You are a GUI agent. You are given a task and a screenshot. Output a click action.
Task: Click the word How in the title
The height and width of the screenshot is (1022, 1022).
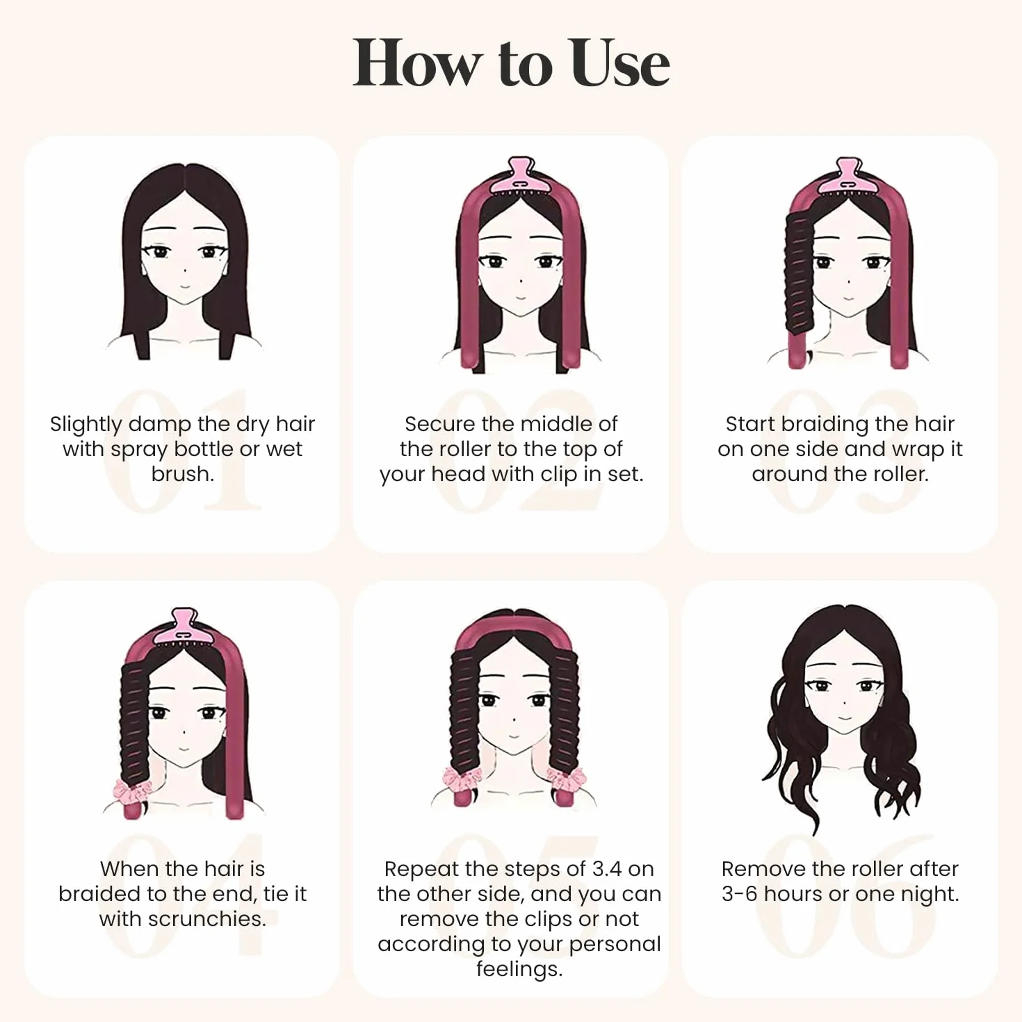(x=415, y=63)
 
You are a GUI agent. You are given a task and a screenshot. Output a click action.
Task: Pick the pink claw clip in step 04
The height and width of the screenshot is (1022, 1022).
(x=184, y=627)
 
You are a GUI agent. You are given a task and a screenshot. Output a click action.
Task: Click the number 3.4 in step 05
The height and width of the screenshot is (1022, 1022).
(x=607, y=869)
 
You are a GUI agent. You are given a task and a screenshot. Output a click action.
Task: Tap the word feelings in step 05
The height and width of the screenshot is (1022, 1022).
(x=519, y=969)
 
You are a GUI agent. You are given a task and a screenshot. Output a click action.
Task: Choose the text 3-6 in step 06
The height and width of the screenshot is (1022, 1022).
(x=739, y=894)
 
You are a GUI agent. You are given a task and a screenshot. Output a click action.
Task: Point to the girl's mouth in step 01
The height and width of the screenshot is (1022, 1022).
(x=184, y=286)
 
